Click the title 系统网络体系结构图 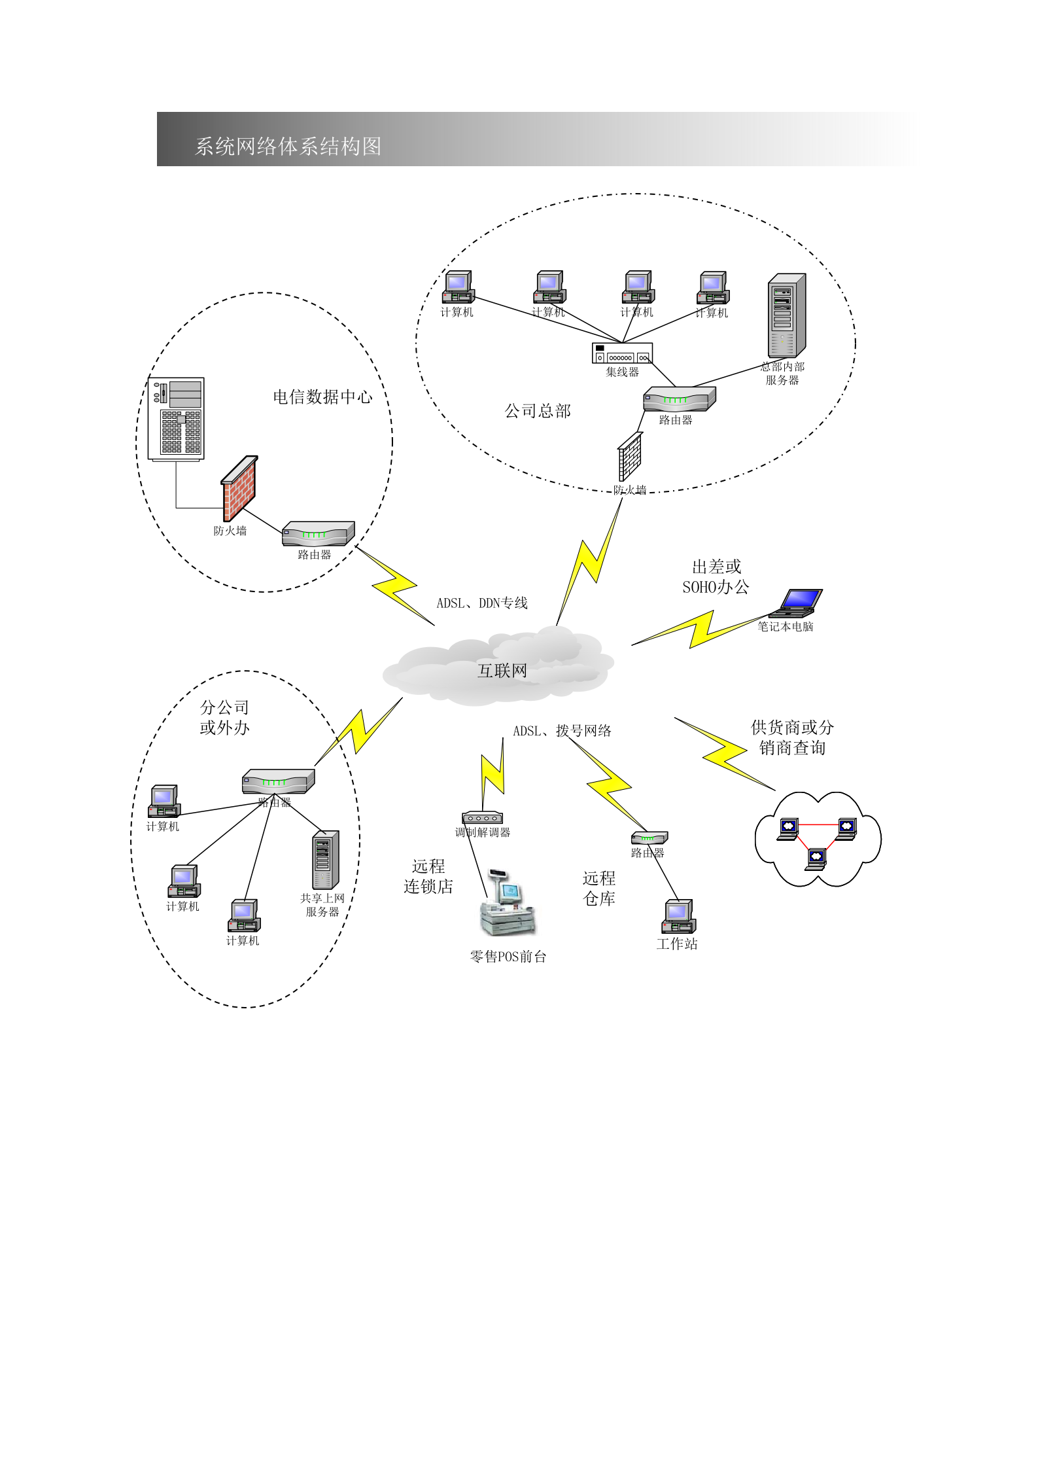pyautogui.click(x=288, y=146)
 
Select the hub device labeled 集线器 pyautogui.click(x=622, y=353)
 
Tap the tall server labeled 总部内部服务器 pyautogui.click(x=786, y=315)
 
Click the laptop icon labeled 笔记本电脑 pyautogui.click(x=797, y=603)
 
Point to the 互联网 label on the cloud pyautogui.click(x=502, y=671)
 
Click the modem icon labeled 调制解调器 pyautogui.click(x=482, y=818)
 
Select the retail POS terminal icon pyautogui.click(x=507, y=906)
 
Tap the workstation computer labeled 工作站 pyautogui.click(x=678, y=916)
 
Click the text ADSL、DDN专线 pyautogui.click(x=482, y=603)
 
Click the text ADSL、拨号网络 pyautogui.click(x=562, y=731)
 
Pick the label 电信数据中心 pyautogui.click(x=322, y=397)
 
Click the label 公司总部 pyautogui.click(x=538, y=411)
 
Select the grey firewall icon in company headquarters pyautogui.click(x=630, y=457)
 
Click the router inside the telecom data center pyautogui.click(x=318, y=534)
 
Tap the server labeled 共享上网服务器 pyautogui.click(x=325, y=859)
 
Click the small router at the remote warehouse pyautogui.click(x=649, y=838)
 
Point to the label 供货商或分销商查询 pyautogui.click(x=792, y=737)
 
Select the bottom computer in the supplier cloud pyautogui.click(x=816, y=858)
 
